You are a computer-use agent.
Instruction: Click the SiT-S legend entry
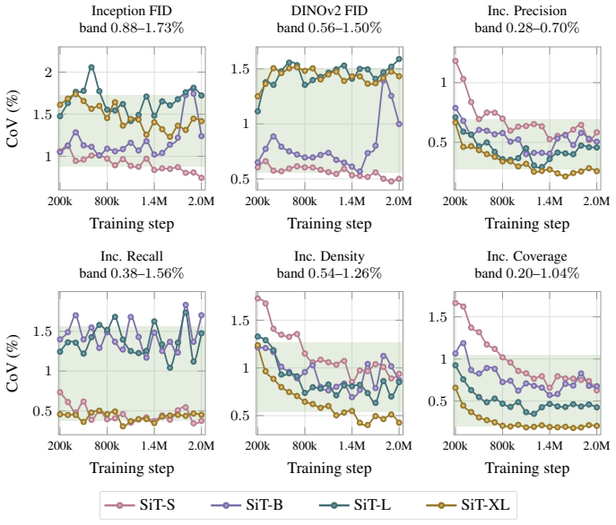coord(140,504)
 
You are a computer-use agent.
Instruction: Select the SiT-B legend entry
coord(247,504)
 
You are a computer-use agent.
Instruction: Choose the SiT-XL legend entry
coord(468,504)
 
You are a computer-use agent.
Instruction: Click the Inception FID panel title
coord(132,11)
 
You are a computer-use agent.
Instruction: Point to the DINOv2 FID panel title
coord(329,11)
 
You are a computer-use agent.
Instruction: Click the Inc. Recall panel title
coord(132,256)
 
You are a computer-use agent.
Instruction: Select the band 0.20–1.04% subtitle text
coord(527,273)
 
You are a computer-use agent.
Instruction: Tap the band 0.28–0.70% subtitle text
coord(527,29)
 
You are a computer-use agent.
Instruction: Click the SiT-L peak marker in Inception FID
coord(91,67)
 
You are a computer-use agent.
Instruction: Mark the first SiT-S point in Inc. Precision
coord(455,61)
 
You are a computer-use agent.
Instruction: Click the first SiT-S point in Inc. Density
coord(257,298)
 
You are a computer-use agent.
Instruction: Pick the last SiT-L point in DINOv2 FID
coord(399,59)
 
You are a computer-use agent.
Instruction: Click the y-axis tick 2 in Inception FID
coord(48,73)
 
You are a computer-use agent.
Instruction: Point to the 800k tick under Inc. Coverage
coord(502,445)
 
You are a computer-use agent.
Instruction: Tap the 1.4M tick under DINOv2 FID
coord(352,201)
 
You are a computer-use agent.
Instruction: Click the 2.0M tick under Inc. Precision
coord(596,201)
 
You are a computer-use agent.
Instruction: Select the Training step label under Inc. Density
coord(329,468)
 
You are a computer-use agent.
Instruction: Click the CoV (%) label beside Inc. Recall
coord(13,363)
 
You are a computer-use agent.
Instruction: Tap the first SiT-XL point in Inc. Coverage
coord(455,388)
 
